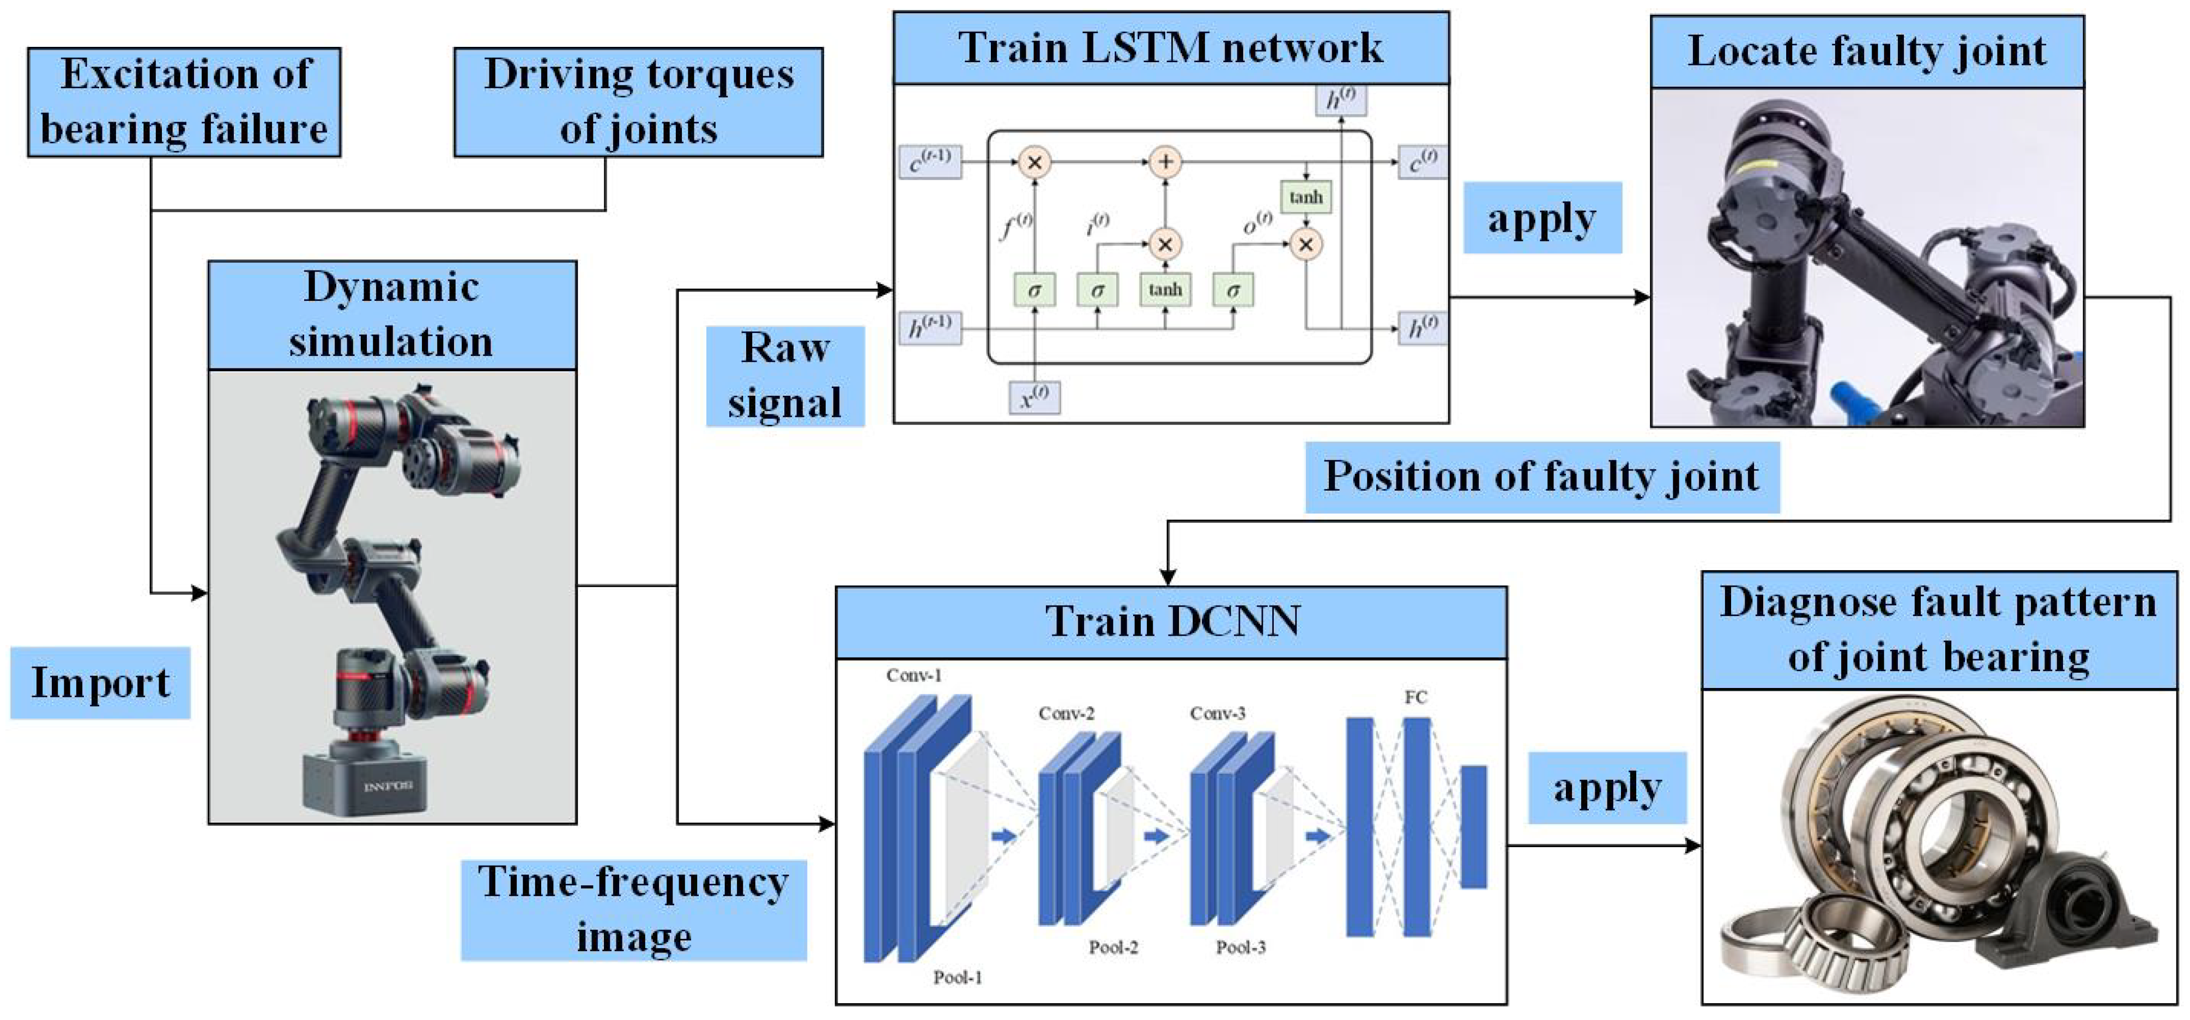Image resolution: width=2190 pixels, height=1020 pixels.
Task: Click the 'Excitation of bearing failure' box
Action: click(184, 102)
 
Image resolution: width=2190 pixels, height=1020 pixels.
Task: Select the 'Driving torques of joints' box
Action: click(638, 102)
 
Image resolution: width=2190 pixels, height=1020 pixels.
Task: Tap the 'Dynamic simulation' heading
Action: click(392, 315)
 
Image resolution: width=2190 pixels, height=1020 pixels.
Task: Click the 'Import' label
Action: click(100, 683)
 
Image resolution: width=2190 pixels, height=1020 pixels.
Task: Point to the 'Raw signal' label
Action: click(785, 376)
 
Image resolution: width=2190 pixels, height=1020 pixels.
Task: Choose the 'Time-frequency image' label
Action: click(633, 909)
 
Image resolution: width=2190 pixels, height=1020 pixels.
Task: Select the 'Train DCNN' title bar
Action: click(1171, 621)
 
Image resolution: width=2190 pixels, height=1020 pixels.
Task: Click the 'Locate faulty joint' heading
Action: click(1866, 51)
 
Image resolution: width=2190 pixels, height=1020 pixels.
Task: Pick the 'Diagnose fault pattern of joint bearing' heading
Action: click(1938, 630)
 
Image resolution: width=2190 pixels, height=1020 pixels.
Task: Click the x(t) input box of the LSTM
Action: click(1034, 397)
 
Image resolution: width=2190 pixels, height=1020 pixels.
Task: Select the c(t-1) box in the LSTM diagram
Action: click(930, 161)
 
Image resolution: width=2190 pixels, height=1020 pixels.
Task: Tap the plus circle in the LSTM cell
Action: click(1165, 161)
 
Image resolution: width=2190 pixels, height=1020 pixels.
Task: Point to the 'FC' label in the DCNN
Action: click(1414, 698)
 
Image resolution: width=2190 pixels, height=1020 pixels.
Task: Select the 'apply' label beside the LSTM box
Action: click(1541, 219)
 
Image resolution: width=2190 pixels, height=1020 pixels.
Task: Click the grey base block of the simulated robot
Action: click(366, 780)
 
